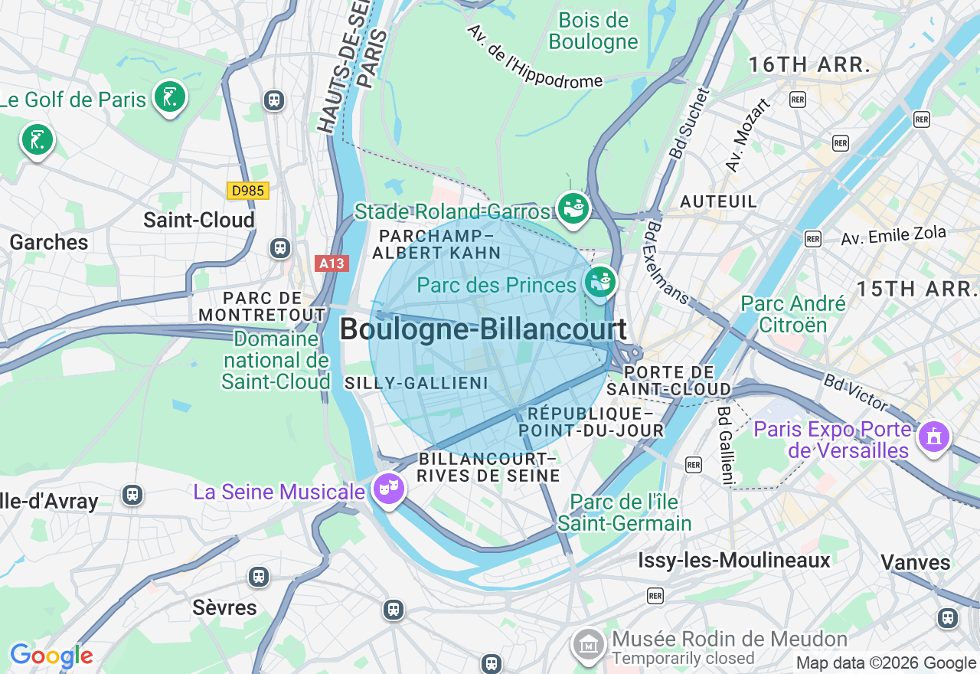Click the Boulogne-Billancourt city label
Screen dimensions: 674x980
point(482,330)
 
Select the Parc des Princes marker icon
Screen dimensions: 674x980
point(600,282)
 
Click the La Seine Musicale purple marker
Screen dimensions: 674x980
point(388,488)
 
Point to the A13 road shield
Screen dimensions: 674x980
point(332,263)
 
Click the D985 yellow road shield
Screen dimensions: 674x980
point(249,191)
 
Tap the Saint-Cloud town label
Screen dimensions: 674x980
point(199,221)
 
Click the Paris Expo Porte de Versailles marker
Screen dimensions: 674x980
point(933,437)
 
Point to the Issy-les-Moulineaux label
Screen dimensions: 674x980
point(733,561)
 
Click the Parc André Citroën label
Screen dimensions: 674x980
point(793,314)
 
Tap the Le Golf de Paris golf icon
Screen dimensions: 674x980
point(169,97)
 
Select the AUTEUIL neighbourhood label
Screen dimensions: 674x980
point(718,201)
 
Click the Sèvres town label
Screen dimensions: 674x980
point(224,607)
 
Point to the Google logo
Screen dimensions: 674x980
point(51,656)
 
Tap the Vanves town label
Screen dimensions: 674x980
point(915,563)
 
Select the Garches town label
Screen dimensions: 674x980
point(49,243)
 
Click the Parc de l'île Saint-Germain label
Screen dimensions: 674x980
point(624,513)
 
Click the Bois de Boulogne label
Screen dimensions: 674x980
point(593,31)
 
